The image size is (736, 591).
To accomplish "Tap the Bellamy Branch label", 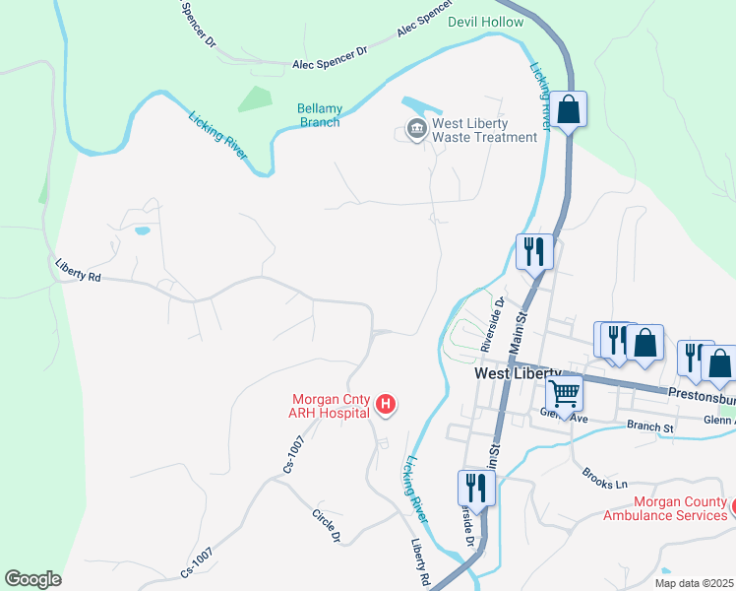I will pyautogui.click(x=320, y=115).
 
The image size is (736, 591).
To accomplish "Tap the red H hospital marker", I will pyautogui.click(x=387, y=405).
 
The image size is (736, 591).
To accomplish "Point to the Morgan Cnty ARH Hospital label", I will pyautogui.click(x=330, y=406).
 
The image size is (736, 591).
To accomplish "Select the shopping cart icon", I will pyautogui.click(x=565, y=392).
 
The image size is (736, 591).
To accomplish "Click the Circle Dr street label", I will pyautogui.click(x=326, y=526).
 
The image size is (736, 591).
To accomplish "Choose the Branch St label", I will pyautogui.click(x=650, y=427).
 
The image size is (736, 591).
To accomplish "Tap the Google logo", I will pyautogui.click(x=32, y=579).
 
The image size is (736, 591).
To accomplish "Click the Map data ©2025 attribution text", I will pyautogui.click(x=693, y=583).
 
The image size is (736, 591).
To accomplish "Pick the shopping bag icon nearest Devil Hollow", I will pyautogui.click(x=569, y=109).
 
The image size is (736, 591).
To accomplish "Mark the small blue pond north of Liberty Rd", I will pyautogui.click(x=143, y=230).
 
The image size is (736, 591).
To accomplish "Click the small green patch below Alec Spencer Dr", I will pyautogui.click(x=255, y=98).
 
